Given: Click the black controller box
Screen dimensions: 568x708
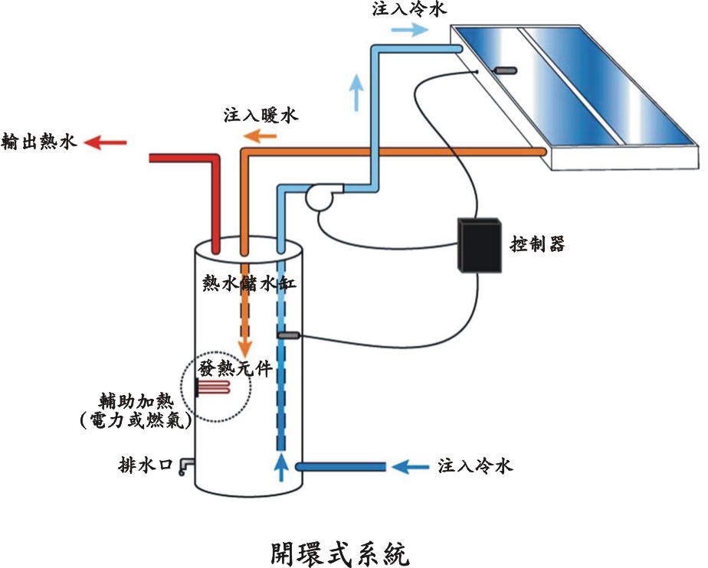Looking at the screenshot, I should point(479,245).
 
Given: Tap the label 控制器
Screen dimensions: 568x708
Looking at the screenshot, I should point(537,244).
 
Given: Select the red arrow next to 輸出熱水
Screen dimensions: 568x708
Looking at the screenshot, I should point(106,142).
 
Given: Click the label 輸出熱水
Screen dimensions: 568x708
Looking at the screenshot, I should point(40,142).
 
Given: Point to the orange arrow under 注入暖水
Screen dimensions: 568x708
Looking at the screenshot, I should point(261,137).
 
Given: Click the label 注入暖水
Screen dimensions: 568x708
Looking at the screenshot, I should point(261,116).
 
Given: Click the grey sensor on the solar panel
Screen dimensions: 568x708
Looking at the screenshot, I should point(505,71).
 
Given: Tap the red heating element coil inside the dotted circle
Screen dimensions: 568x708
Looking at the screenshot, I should point(214,389).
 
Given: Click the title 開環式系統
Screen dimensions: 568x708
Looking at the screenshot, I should point(336,550).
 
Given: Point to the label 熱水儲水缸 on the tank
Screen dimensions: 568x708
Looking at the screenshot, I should point(248,282).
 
